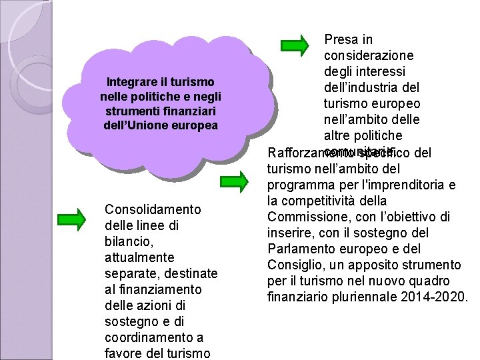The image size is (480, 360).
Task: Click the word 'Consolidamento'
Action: click(153, 210)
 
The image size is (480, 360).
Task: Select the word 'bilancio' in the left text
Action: click(126, 241)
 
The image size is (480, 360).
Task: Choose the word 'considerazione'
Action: click(368, 56)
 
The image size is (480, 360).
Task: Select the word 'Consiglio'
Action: click(294, 265)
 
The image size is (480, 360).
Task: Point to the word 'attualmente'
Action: click(139, 257)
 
